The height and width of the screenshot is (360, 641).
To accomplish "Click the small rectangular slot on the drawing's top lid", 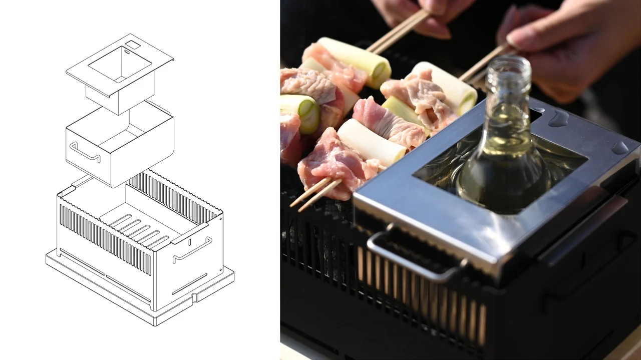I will coord(133,45).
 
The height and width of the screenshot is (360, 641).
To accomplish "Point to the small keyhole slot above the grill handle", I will coord(190,242).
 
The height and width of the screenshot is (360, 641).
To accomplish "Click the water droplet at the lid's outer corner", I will coord(620,147).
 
